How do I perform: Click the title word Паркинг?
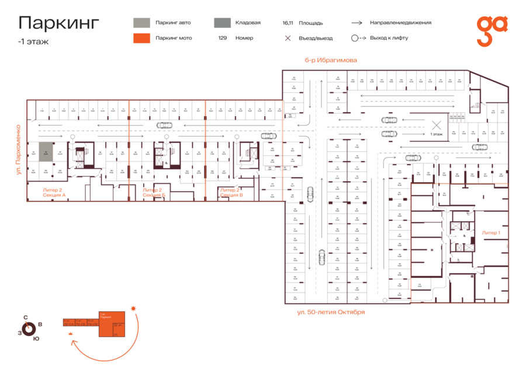[x=58, y=23]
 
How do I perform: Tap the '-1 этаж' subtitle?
[x=33, y=42]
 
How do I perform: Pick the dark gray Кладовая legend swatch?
[x=222, y=23]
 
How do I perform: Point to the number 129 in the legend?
[x=222, y=38]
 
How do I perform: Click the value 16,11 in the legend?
[x=287, y=23]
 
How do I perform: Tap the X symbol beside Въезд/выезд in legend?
[x=288, y=38]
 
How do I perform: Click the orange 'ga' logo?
[x=492, y=30]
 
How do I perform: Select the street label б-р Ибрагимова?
[x=330, y=60]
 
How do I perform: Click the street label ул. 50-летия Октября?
[x=331, y=312]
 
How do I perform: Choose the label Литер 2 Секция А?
[x=54, y=192]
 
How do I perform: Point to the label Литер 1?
[x=491, y=232]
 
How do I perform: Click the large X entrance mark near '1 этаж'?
[x=436, y=124]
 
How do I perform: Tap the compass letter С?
[x=25, y=318]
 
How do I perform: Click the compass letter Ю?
[x=36, y=339]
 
